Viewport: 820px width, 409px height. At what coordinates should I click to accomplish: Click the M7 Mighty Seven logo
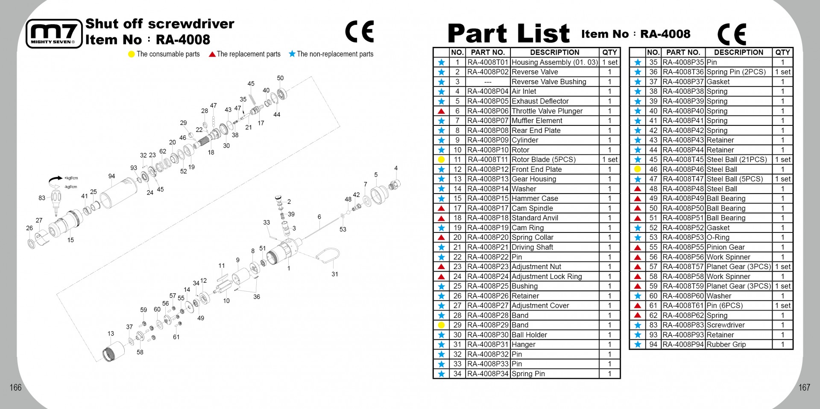(54, 34)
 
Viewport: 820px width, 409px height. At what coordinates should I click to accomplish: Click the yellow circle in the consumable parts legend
(132, 54)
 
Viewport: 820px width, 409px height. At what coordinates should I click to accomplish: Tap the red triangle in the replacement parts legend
(212, 54)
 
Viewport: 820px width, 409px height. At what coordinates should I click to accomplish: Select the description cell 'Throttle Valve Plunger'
(547, 111)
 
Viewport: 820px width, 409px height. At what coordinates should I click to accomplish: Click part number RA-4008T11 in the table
(488, 160)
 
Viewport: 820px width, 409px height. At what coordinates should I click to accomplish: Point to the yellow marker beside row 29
(441, 325)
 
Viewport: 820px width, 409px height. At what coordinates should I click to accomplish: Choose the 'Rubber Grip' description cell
(726, 344)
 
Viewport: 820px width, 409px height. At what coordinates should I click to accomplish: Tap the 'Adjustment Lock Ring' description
(547, 276)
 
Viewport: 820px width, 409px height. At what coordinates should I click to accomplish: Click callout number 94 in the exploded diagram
(111, 176)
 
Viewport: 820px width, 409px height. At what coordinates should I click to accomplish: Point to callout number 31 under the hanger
(335, 274)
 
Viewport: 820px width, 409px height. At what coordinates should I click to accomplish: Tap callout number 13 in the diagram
(111, 334)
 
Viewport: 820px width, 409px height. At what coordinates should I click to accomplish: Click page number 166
(16, 387)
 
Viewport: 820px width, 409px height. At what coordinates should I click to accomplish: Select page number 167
(804, 387)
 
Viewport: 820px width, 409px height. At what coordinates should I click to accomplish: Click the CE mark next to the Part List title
(732, 34)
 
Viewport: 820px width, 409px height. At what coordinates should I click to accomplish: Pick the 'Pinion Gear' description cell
(726, 247)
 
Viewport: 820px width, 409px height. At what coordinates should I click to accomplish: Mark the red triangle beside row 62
(638, 315)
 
